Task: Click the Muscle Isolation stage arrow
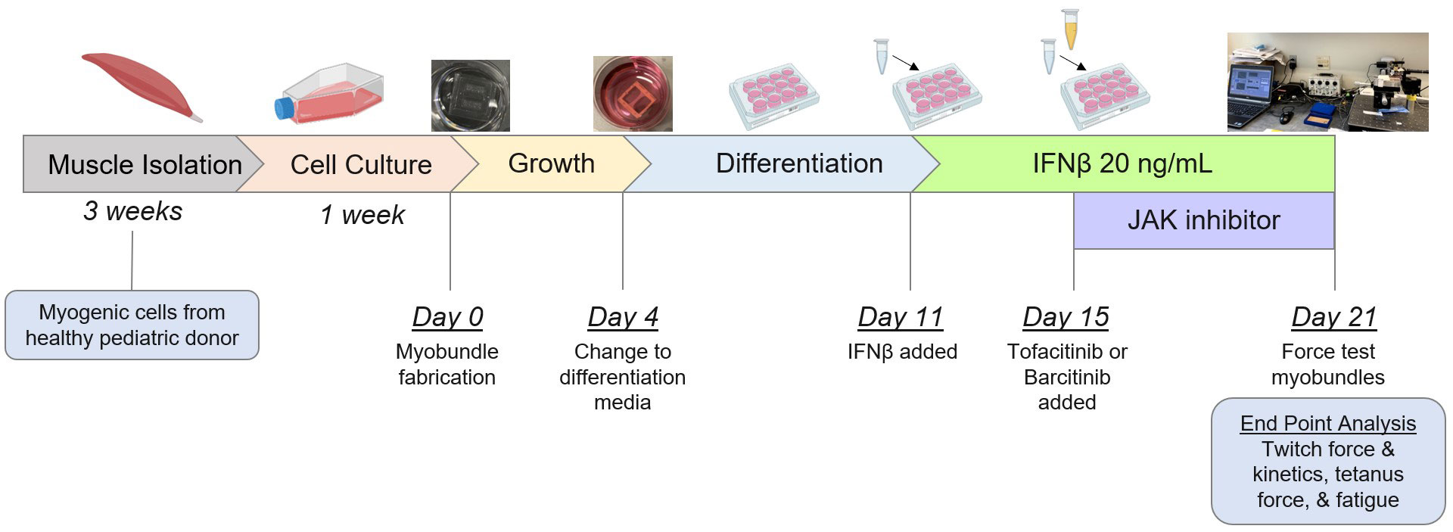tap(136, 163)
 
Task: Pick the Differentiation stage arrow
tap(787, 163)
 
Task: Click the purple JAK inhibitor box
tap(1203, 220)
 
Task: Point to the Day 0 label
tap(448, 317)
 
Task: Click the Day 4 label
tap(623, 317)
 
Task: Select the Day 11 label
tap(901, 317)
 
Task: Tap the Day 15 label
tap(1066, 317)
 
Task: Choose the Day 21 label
tap(1334, 317)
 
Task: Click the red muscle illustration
tap(142, 85)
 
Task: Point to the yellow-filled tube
tap(1070, 30)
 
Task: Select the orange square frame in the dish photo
tap(631, 100)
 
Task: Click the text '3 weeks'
tap(133, 211)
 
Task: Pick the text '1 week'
tap(362, 215)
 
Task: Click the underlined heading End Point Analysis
tap(1328, 424)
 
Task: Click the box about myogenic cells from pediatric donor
tap(132, 325)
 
